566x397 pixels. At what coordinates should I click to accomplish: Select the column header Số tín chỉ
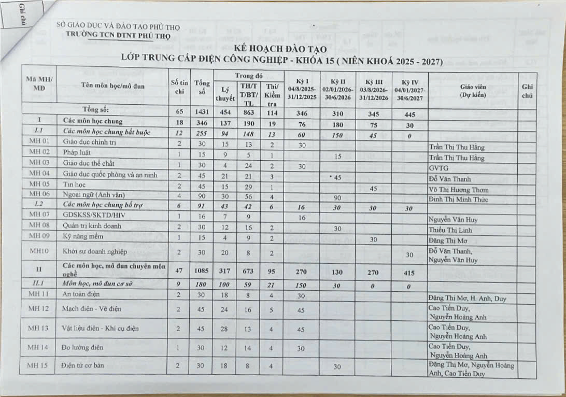click(x=177, y=89)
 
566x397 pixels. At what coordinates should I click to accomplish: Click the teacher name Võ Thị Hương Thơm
click(x=459, y=190)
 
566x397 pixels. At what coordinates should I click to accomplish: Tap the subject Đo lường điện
click(x=83, y=348)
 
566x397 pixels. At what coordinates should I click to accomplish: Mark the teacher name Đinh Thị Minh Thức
click(x=458, y=200)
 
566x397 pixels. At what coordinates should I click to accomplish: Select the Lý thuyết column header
click(x=224, y=94)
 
